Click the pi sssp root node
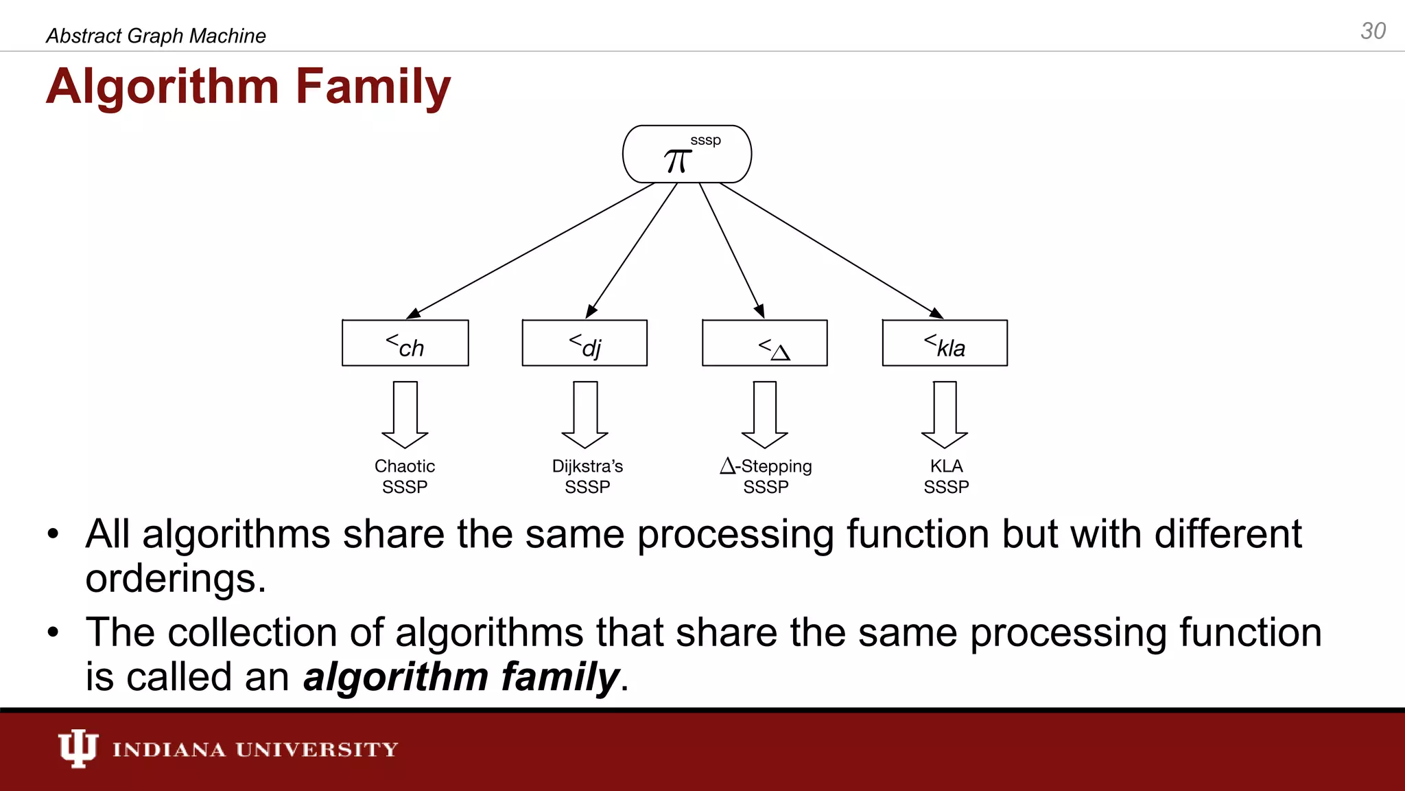[x=687, y=154]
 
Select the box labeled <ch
[x=405, y=343]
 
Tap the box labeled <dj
[x=585, y=343]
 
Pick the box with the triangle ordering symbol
[x=765, y=343]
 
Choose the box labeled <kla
[x=945, y=343]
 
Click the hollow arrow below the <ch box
[x=405, y=414]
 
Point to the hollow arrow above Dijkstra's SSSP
[x=585, y=414]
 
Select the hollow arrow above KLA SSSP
[x=945, y=414]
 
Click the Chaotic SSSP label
[x=405, y=476]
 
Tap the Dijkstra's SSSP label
[x=587, y=476]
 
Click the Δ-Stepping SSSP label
[x=766, y=476]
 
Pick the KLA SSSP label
[x=946, y=476]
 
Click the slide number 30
[x=1373, y=31]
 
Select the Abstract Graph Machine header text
[x=156, y=36]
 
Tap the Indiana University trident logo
[x=78, y=748]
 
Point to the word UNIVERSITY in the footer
[x=316, y=749]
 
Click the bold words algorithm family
[x=461, y=677]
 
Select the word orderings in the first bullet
[x=175, y=578]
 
